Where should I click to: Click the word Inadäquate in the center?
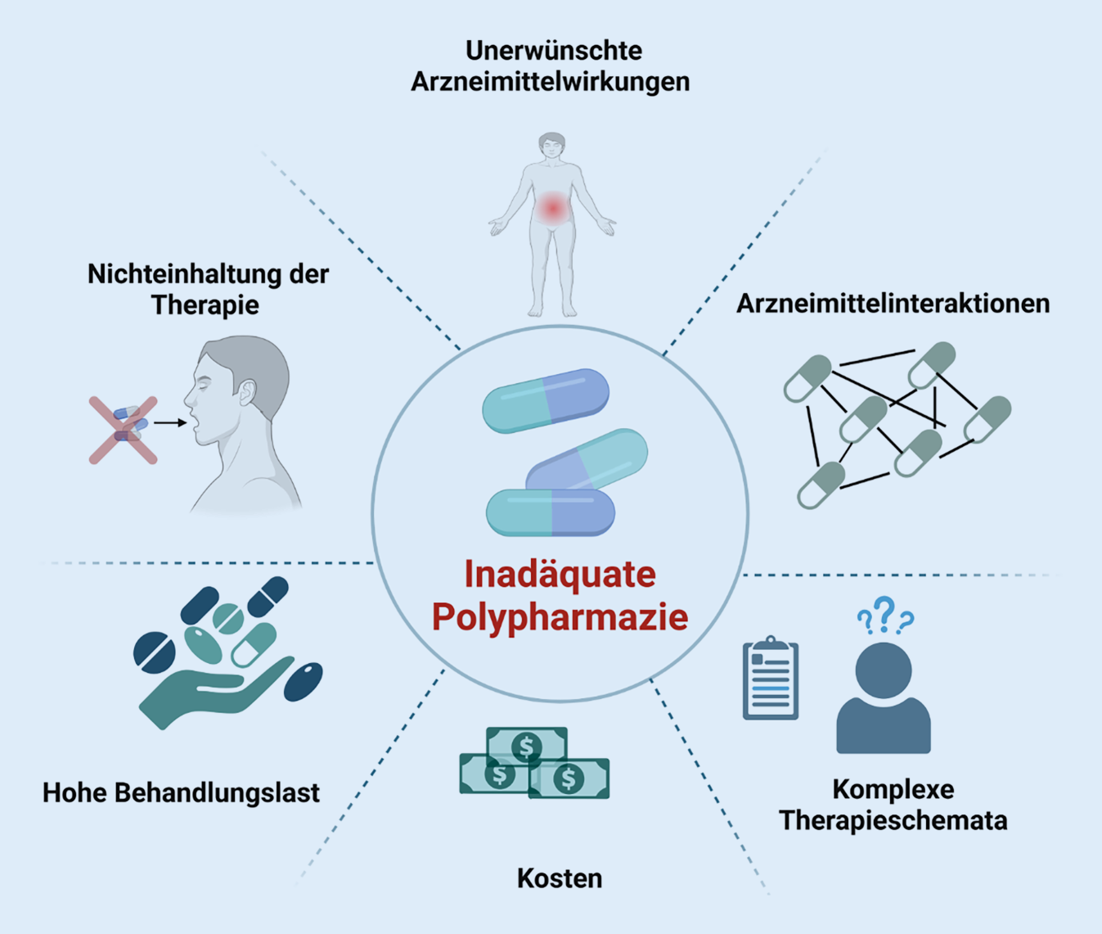point(560,575)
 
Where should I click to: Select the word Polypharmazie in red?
point(560,617)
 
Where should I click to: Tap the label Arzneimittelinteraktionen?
point(893,304)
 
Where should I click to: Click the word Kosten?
point(560,878)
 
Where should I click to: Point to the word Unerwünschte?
point(554,51)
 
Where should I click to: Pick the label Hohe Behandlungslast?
point(181,792)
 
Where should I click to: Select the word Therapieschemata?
point(893,820)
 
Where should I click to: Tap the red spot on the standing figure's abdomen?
point(553,209)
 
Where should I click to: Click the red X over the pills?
point(124,431)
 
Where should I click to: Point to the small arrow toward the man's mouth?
point(170,422)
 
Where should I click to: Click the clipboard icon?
point(770,679)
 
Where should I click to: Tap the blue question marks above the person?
point(885,616)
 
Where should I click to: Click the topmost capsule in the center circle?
point(546,400)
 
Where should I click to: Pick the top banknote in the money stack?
point(527,745)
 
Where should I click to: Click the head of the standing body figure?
point(552,147)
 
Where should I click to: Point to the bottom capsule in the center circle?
point(551,512)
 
